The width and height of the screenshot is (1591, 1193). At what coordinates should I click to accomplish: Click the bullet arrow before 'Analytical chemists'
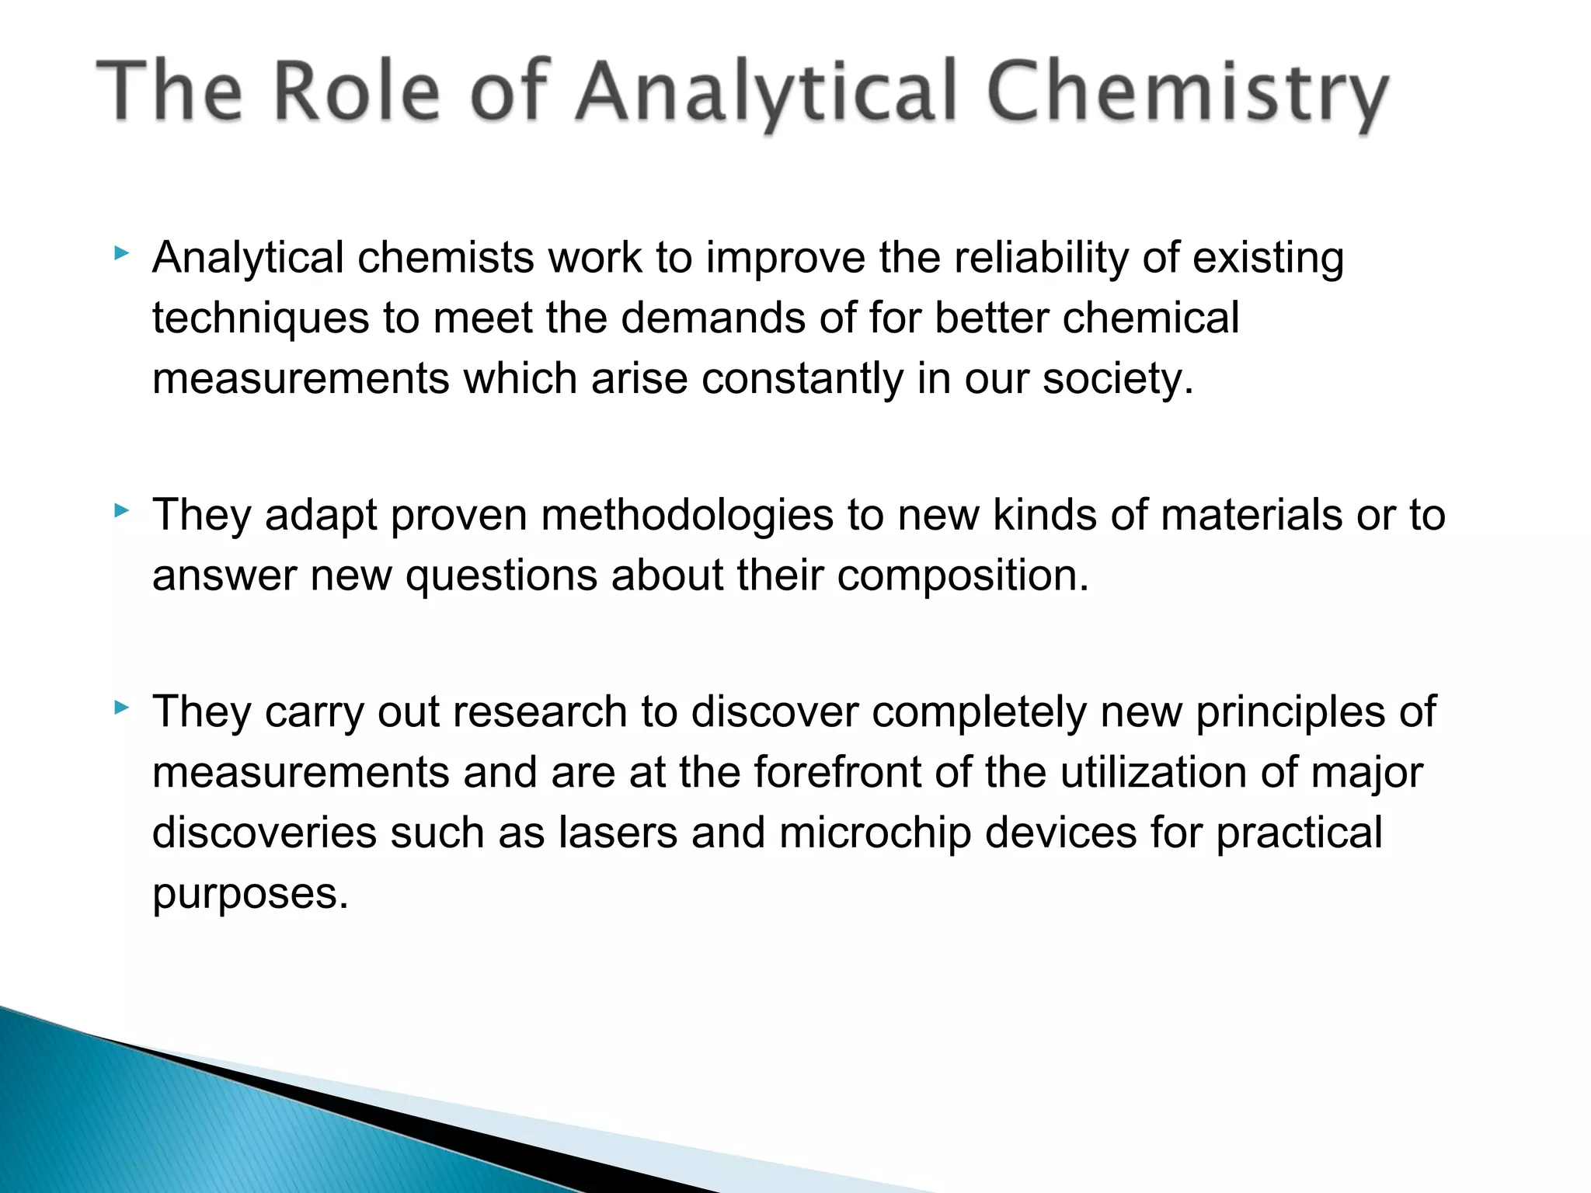120,253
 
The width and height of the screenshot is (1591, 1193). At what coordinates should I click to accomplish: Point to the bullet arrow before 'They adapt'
120,511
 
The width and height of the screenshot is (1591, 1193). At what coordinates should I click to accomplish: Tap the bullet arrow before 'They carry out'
120,708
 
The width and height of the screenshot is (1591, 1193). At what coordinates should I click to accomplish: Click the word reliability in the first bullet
1040,259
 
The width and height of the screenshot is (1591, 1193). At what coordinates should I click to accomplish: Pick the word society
1116,380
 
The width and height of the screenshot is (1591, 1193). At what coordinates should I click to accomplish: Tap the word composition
963,576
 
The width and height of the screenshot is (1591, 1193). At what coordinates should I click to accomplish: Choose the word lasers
618,833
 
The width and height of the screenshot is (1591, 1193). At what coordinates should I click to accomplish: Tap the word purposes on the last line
249,894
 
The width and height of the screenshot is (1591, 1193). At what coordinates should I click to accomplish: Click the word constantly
802,380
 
